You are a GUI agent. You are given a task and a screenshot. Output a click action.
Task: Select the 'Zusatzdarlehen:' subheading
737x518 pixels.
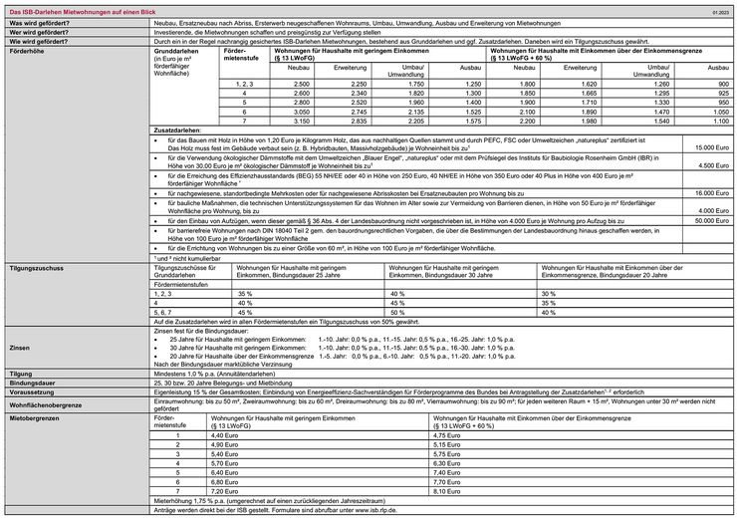pyautogui.click(x=179, y=130)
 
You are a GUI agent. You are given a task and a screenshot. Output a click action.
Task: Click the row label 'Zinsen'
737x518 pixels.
pyautogui.click(x=19, y=349)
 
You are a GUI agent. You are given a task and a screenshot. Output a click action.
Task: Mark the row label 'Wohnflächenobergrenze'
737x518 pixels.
pyautogui.click(x=46, y=406)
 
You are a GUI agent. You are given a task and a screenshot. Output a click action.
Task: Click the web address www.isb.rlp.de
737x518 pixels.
pyautogui.click(x=369, y=509)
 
